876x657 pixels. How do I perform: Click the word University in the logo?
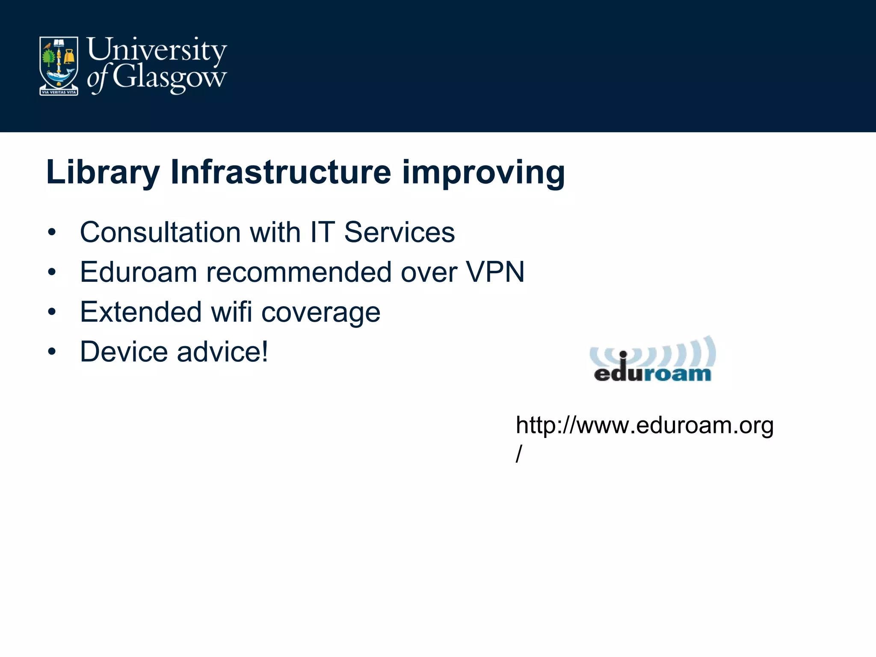point(157,50)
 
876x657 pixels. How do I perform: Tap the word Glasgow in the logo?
point(169,78)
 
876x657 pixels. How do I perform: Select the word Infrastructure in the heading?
point(281,172)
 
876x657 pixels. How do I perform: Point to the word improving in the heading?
point(483,172)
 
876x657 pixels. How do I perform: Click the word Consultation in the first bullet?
point(160,232)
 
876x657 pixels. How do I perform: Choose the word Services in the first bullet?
point(399,232)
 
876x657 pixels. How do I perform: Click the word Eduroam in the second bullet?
point(138,272)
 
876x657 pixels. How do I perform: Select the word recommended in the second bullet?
point(298,272)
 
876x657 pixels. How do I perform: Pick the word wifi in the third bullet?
point(231,312)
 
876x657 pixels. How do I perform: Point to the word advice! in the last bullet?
point(222,352)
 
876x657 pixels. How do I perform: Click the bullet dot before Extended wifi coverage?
point(52,312)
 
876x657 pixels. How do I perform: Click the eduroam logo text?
point(652,373)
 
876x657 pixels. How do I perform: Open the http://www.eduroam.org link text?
point(644,426)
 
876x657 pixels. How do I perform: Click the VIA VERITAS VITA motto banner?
point(59,92)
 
